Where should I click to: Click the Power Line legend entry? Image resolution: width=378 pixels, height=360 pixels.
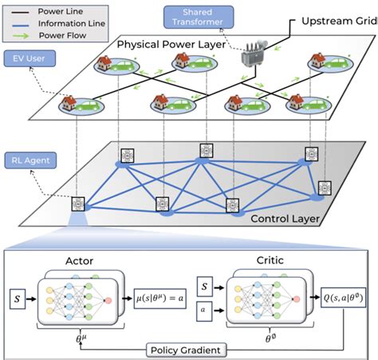point(57,12)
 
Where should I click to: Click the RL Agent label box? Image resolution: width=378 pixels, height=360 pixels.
point(30,160)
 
